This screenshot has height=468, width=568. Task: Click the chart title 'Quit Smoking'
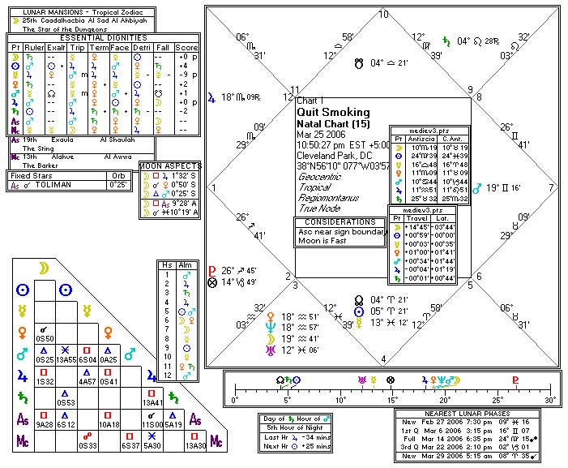pyautogui.click(x=333, y=112)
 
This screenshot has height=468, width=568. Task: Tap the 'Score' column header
pyautogui.click(x=186, y=47)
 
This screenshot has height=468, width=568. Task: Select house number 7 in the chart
pyautogui.click(x=551, y=187)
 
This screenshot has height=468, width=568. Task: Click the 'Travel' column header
pyautogui.click(x=419, y=218)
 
